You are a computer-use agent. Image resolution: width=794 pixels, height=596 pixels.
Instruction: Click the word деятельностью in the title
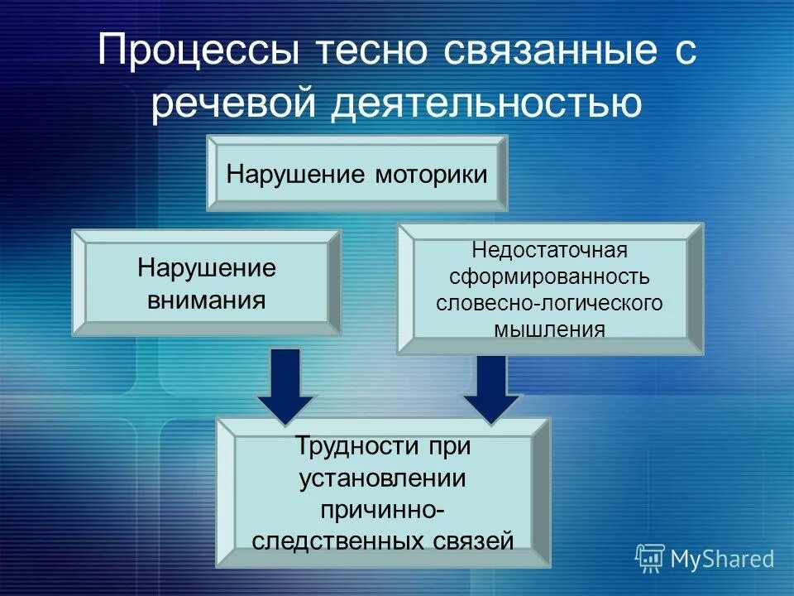[x=488, y=106]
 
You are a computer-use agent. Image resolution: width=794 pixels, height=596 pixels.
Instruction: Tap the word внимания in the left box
[x=207, y=298]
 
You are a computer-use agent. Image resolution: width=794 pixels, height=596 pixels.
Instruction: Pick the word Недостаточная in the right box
[x=550, y=250]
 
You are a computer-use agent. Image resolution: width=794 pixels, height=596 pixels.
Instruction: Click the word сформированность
[x=550, y=276]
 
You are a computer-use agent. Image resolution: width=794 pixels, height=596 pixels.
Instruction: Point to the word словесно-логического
[x=550, y=302]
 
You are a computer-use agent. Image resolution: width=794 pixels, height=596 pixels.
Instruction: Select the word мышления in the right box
[x=550, y=329]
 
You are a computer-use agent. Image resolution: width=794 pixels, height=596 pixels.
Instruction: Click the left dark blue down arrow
[x=285, y=385]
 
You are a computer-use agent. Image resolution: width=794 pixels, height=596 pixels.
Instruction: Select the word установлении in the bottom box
[x=383, y=478]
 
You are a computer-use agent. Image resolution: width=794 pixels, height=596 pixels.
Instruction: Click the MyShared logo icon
[x=650, y=559]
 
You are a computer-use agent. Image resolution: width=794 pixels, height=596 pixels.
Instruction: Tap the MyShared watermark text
[x=722, y=560]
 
